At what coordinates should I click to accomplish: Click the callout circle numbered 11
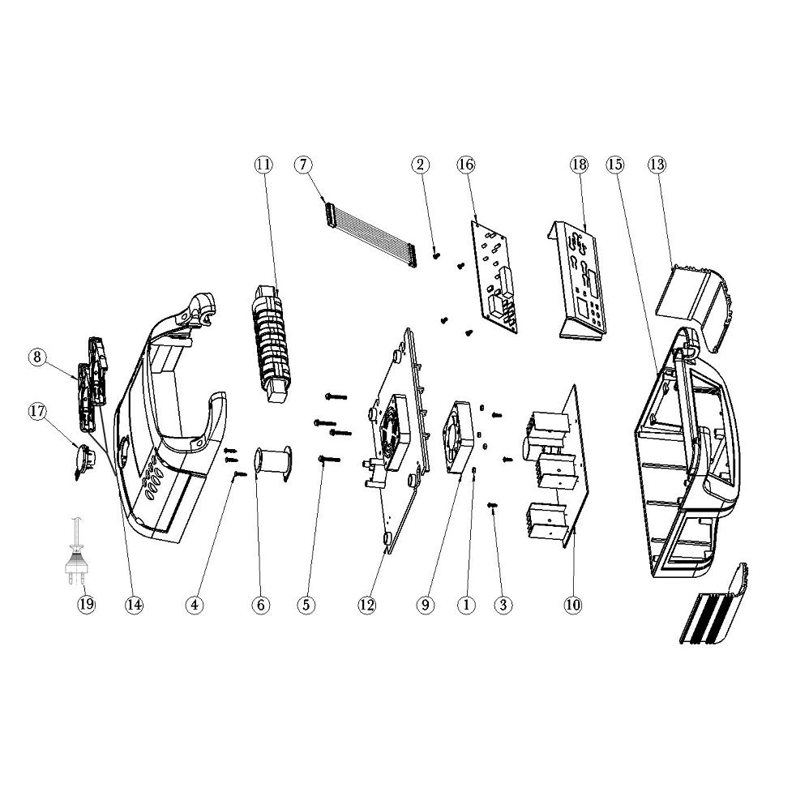click(263, 165)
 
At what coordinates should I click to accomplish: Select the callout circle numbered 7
click(303, 165)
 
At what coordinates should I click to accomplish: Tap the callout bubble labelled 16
click(465, 165)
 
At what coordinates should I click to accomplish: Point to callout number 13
click(657, 165)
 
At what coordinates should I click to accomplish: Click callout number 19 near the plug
click(87, 604)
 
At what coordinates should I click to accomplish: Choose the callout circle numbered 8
click(37, 357)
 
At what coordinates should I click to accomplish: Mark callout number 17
click(37, 411)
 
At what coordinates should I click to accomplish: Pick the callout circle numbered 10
click(573, 605)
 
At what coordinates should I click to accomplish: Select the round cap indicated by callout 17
click(84, 460)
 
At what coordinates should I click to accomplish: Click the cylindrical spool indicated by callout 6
click(273, 464)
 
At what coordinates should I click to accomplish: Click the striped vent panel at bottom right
click(715, 604)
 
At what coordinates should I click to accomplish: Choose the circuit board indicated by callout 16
click(494, 276)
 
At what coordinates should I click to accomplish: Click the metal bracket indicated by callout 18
click(576, 280)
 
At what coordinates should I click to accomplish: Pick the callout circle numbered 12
click(367, 605)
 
